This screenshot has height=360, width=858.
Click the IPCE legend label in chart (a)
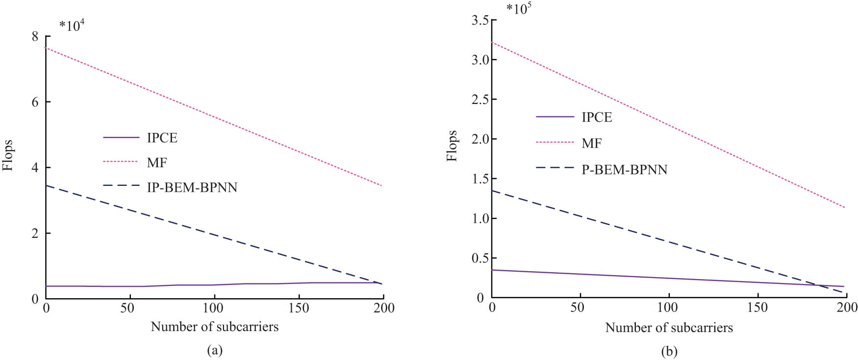coord(162,138)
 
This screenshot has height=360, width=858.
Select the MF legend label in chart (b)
coord(591,143)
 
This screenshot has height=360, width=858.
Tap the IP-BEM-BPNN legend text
coord(192,187)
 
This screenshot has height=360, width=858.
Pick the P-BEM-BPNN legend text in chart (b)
coord(624,170)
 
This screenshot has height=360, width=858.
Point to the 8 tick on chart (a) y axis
coord(35,36)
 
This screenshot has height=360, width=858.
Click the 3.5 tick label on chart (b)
coord(480,20)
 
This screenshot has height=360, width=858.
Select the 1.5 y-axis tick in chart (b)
coord(480,179)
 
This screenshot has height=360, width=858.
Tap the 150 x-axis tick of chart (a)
coord(299,309)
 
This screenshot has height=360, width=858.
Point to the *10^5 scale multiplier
coord(519,8)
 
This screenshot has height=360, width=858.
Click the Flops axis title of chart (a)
coord(8,155)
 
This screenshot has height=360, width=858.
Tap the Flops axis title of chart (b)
coord(452,146)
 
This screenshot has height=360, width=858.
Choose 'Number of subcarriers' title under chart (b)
coord(669,328)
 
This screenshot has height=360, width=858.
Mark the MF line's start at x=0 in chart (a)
coord(46,48)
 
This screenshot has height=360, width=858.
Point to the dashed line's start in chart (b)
coord(492,191)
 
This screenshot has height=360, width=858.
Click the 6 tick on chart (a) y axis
coord(35,102)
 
